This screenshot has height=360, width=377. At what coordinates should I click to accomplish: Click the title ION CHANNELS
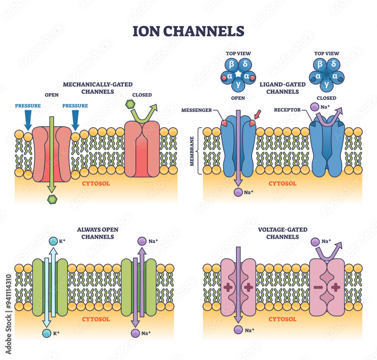point(188,31)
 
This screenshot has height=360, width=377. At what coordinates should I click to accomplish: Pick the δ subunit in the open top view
point(245,64)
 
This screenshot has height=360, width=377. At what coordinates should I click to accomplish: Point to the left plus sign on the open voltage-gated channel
point(228,288)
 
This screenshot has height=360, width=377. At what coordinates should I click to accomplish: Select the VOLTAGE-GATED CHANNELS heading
point(282,233)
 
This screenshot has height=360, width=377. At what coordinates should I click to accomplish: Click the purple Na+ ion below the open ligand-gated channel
point(238,192)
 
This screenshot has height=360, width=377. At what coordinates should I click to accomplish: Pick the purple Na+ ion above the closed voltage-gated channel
point(315,241)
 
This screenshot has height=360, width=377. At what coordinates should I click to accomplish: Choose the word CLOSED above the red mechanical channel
point(142,95)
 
